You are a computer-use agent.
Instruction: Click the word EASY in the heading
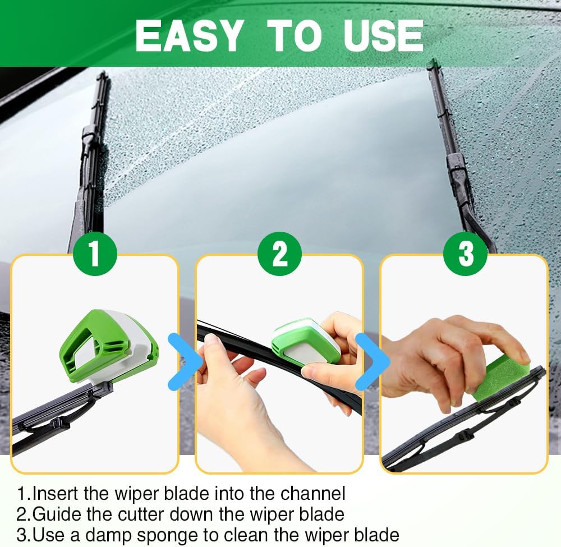tap(188, 35)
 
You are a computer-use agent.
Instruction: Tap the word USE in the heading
tap(383, 35)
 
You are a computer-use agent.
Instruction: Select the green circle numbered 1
tap(94, 253)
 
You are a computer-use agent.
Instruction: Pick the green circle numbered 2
tap(279, 253)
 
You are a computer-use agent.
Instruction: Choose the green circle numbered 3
tap(465, 253)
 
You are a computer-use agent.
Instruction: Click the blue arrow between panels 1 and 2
tap(186, 362)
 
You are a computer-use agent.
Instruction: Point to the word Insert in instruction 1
tap(56, 494)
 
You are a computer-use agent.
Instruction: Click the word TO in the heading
tap(293, 35)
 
